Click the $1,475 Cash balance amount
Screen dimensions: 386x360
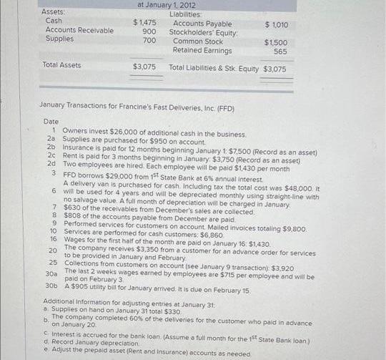pyautogui.click(x=145, y=23)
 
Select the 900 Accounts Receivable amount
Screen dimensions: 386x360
pyautogui.click(x=149, y=31)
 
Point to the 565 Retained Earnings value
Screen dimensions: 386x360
pyautogui.click(x=280, y=52)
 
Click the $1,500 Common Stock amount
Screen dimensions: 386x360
pyautogui.click(x=276, y=42)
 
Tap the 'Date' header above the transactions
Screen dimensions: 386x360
pyautogui.click(x=51, y=122)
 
